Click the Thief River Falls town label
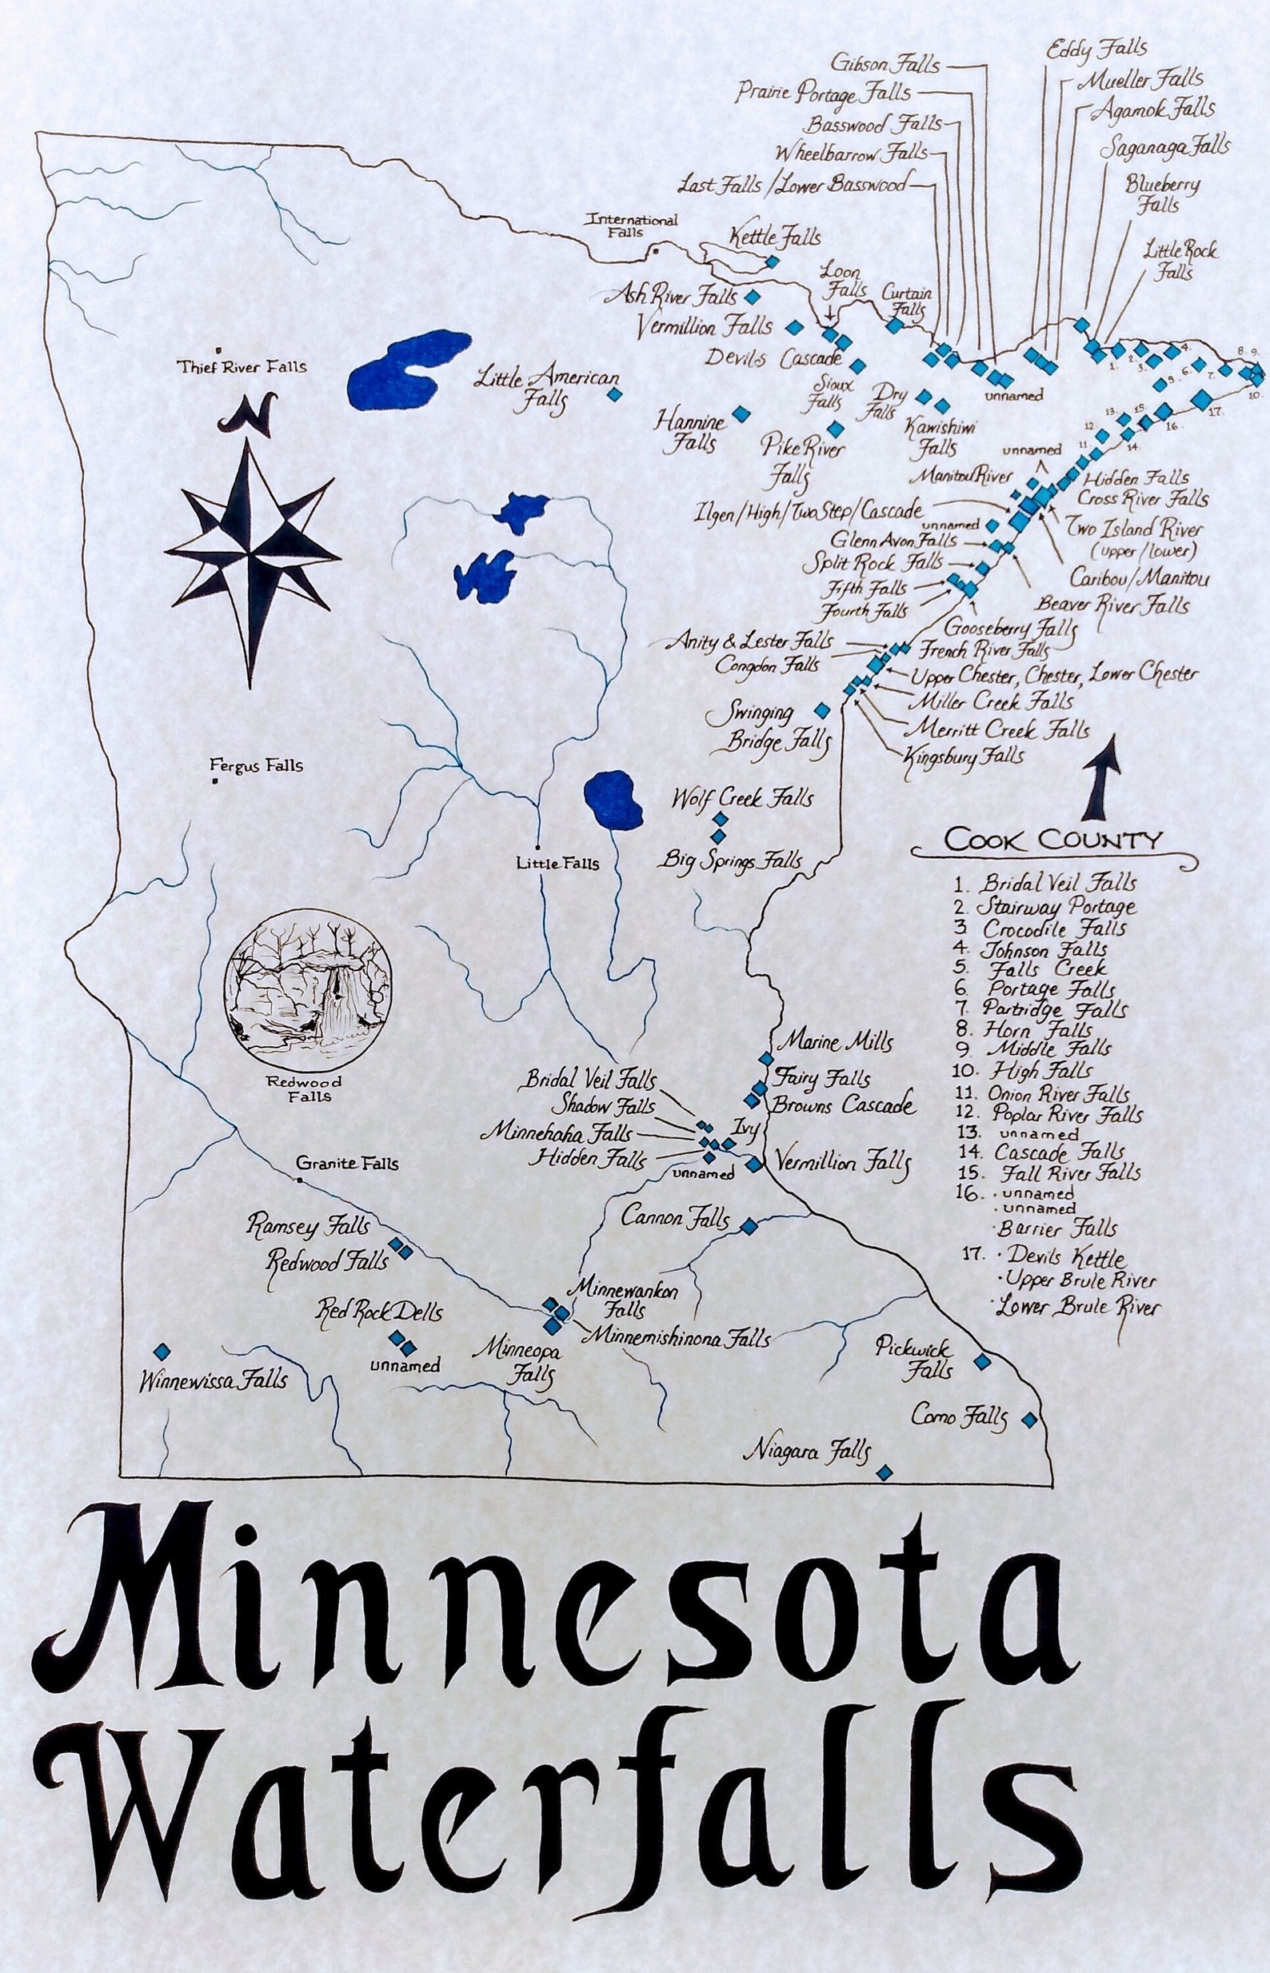242,367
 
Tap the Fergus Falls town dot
214,780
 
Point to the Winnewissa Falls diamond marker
162,1352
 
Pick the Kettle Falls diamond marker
772,262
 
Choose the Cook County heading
1053,841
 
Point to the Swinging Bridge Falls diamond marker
821,710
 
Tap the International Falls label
631,226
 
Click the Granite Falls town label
347,1164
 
